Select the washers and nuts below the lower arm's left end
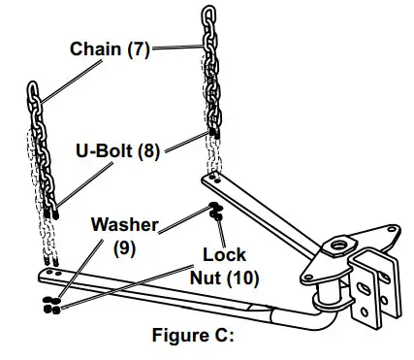[48, 304]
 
